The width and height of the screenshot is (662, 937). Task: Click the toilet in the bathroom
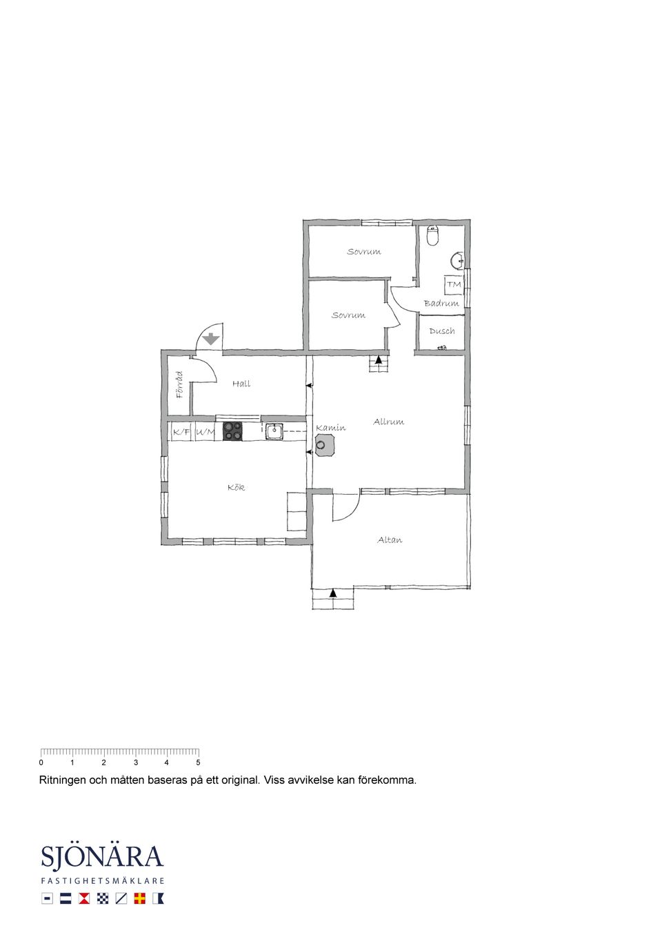point(432,235)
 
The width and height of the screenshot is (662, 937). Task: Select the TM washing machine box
point(454,284)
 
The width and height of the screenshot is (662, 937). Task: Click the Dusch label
point(442,331)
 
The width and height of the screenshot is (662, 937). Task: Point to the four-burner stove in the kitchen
point(232,431)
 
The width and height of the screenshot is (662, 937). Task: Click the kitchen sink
point(274,431)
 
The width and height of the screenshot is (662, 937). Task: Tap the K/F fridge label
point(181,433)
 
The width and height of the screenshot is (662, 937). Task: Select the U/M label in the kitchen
point(205,433)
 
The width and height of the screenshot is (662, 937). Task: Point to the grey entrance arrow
point(211,338)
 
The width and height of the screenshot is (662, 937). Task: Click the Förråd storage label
point(180,384)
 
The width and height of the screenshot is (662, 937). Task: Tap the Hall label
point(241,384)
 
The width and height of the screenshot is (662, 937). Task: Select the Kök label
point(236,487)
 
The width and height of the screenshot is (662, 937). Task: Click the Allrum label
point(389,422)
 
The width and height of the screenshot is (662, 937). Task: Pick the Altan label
point(390,540)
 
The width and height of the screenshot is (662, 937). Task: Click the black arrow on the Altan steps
point(333,593)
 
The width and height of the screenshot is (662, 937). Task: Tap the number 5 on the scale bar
point(198,762)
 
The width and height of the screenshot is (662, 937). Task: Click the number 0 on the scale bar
point(41,762)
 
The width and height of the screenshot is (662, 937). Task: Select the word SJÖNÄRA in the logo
point(102,857)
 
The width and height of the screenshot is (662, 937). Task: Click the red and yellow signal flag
point(139,898)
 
